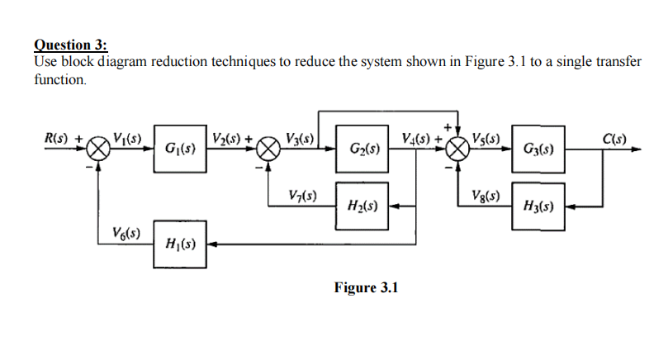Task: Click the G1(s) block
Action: coord(179,151)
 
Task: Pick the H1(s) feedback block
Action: coord(179,244)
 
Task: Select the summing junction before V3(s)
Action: coord(269,150)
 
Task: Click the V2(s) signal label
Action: coord(227,137)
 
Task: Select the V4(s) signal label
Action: coord(417,137)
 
